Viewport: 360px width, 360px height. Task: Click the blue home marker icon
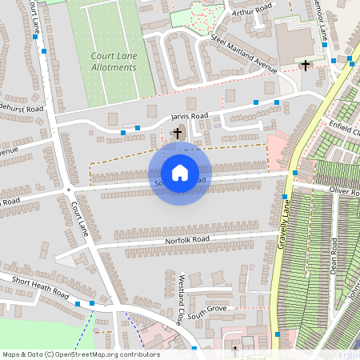pos(180,172)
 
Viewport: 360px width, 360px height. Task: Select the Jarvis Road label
pos(190,117)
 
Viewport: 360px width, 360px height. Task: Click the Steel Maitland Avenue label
pos(243,53)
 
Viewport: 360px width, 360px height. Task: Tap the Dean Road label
pos(334,256)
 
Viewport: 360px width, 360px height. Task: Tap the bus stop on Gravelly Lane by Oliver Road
pos(285,197)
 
